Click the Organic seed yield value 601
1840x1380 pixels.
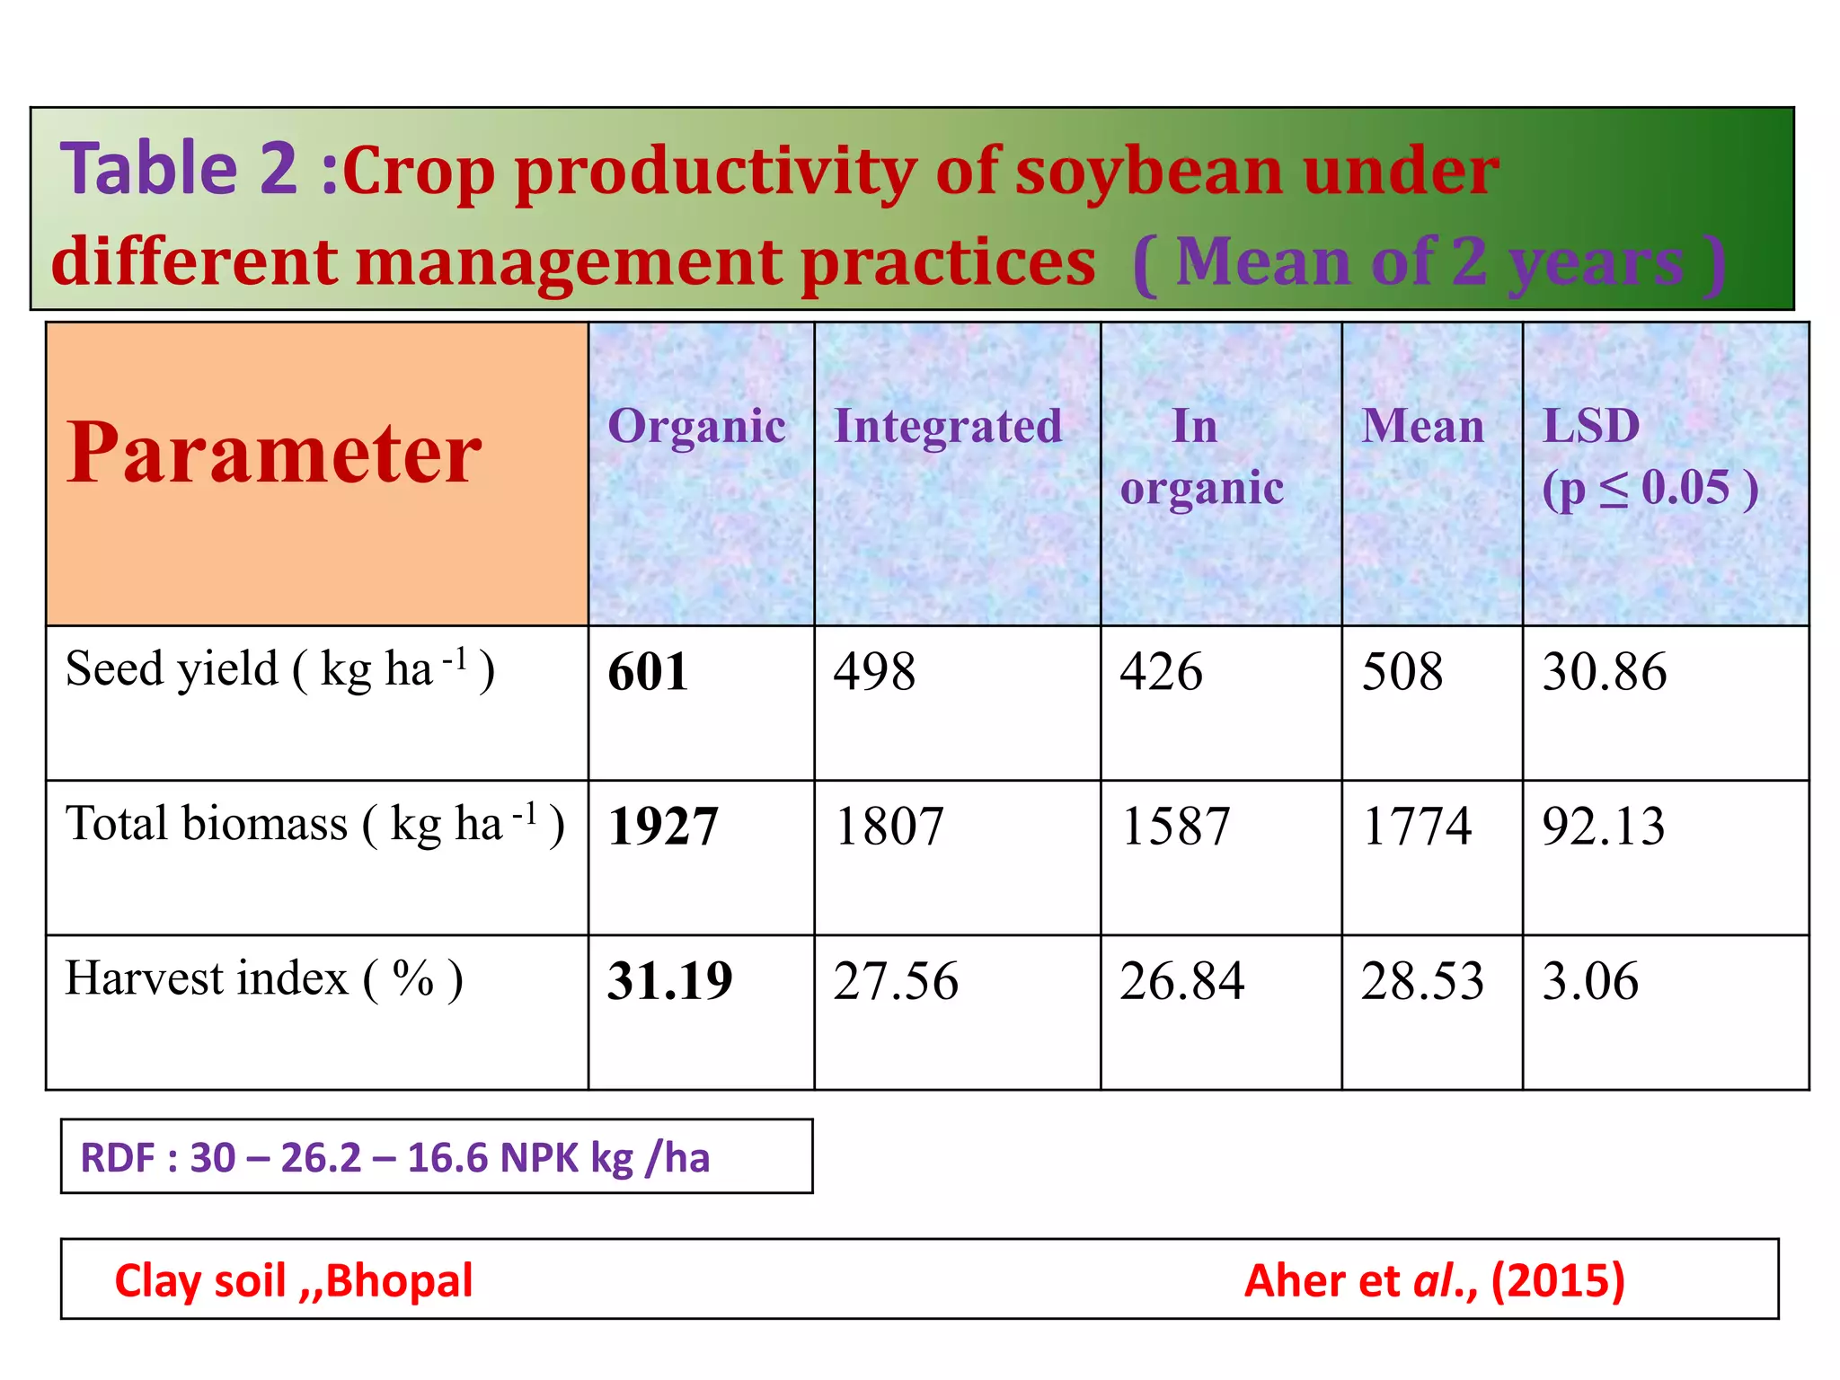pyautogui.click(x=648, y=672)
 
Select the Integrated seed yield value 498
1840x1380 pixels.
pyautogui.click(x=874, y=672)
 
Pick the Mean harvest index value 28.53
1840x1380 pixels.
pyautogui.click(x=1422, y=981)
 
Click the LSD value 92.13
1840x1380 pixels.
pyautogui.click(x=1604, y=827)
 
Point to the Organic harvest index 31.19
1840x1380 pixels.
pyautogui.click(x=670, y=981)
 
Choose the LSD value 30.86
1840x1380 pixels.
pyautogui.click(x=1605, y=672)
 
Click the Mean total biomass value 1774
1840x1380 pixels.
pyautogui.click(x=1417, y=827)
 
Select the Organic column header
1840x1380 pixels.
pyautogui.click(x=696, y=426)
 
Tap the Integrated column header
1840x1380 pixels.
pyautogui.click(x=948, y=426)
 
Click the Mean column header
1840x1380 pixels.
pyautogui.click(x=1423, y=426)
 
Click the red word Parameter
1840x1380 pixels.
pyautogui.click(x=274, y=454)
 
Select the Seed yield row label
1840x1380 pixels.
pyautogui.click(x=279, y=670)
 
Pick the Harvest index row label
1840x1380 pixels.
pyautogui.click(x=264, y=979)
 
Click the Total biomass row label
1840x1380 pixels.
pyautogui.click(x=314, y=825)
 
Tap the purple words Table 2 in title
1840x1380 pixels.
pyautogui.click(x=178, y=169)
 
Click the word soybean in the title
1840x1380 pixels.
pyautogui.click(x=1150, y=171)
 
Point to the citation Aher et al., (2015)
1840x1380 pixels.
pyautogui.click(x=1434, y=1280)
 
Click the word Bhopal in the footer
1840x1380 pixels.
pyautogui.click(x=399, y=1280)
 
